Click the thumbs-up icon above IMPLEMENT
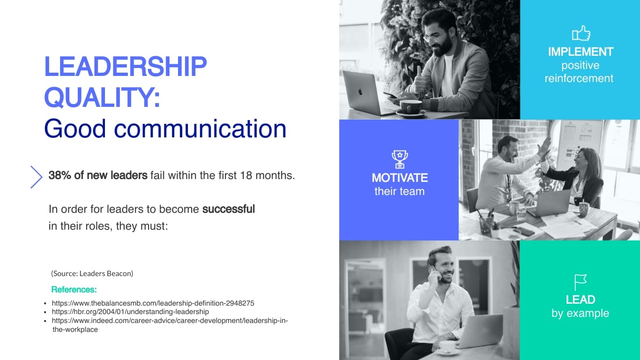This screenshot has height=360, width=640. tap(581, 33)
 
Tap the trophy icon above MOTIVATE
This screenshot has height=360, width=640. tap(400, 159)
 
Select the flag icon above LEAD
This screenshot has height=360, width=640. tap(580, 282)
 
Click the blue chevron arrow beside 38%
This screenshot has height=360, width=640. tap(37, 177)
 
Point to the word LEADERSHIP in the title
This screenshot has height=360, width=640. tap(126, 67)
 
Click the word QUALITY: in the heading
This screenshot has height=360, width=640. tap(102, 97)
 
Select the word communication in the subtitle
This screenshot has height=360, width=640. tap(200, 129)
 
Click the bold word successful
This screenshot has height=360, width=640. tap(229, 209)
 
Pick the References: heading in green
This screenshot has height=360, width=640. tap(74, 289)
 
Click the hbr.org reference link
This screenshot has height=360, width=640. tap(130, 312)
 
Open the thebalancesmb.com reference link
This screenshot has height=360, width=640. tap(153, 303)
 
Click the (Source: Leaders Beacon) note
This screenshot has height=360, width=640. tap(92, 273)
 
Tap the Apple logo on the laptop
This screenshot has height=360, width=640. tap(360, 92)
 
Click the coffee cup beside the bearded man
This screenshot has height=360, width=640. tap(410, 107)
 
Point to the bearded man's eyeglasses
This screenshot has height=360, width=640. tap(434, 37)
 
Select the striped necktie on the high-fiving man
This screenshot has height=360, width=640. tap(509, 188)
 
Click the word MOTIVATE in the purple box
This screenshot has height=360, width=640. tap(400, 178)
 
